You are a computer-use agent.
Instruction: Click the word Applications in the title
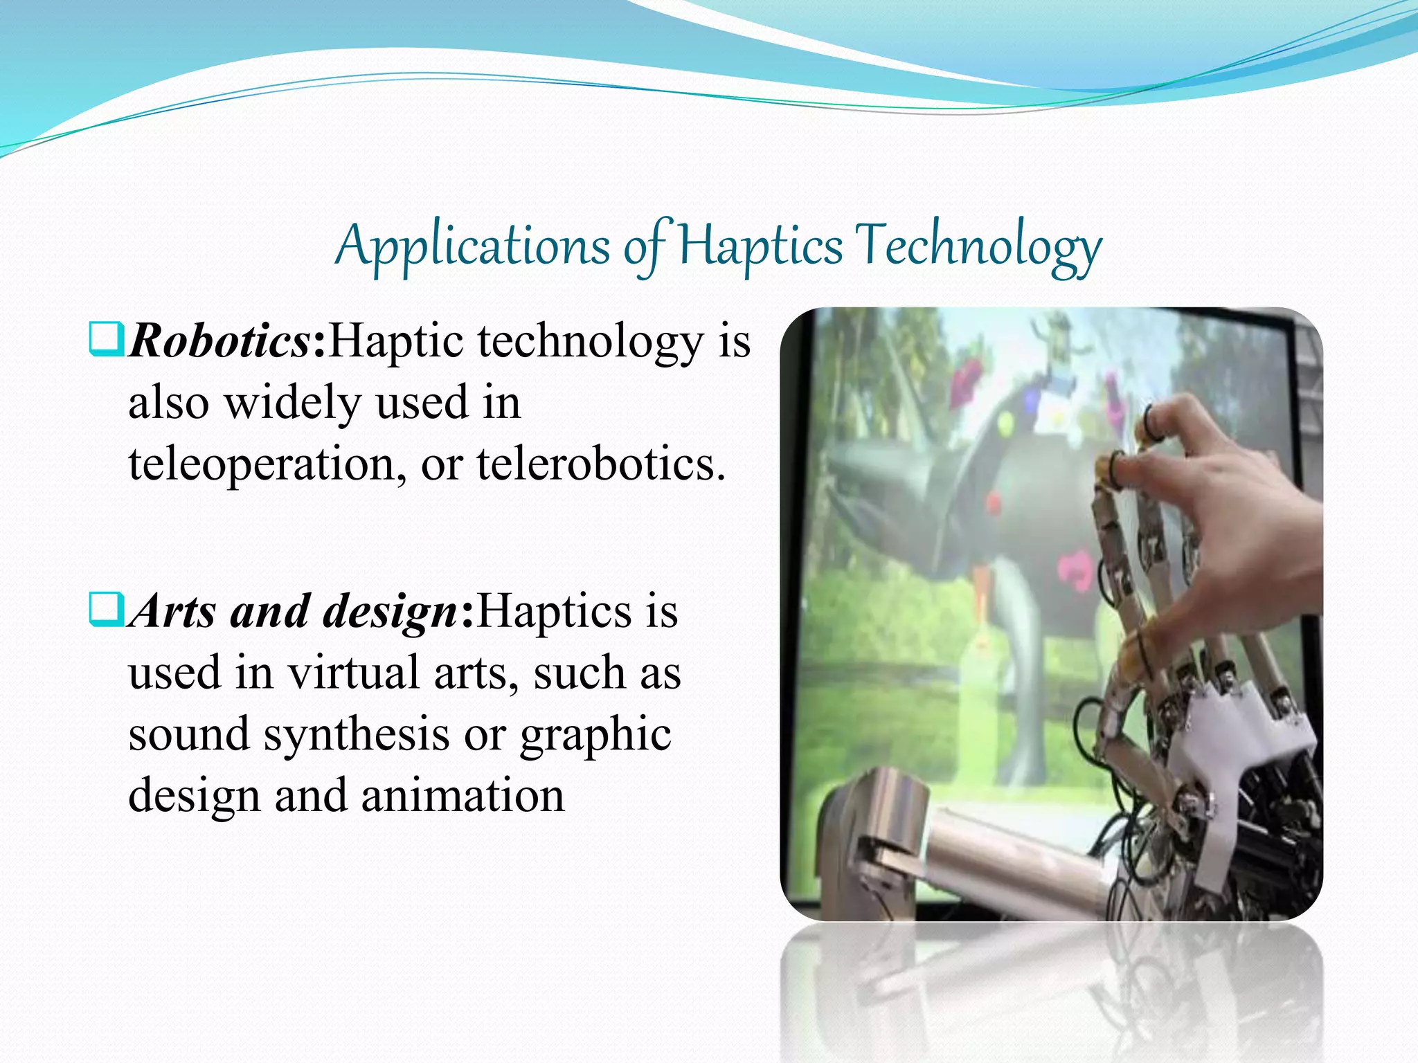472,246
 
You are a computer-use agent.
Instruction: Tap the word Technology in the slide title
978,246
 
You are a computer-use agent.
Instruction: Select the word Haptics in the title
760,246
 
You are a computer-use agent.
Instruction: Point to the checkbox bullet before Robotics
107,340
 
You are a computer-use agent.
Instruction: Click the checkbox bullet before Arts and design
107,609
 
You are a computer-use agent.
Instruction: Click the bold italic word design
390,612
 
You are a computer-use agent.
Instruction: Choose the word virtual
353,672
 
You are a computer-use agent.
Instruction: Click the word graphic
595,734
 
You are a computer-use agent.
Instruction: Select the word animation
463,795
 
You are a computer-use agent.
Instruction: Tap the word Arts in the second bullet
174,612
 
